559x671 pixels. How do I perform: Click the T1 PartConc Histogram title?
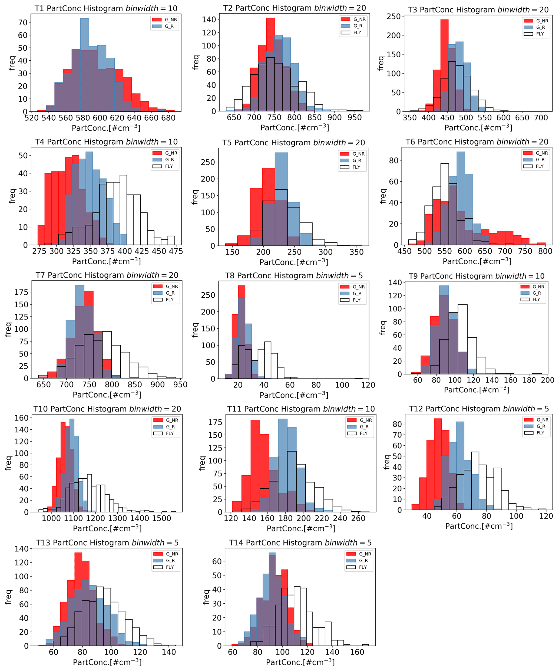(x=106, y=8)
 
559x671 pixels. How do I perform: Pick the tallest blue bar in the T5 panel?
(x=281, y=198)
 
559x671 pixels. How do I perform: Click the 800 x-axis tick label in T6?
(x=545, y=251)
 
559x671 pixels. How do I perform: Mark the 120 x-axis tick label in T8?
(x=368, y=385)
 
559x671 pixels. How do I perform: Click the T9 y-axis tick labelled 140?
(x=395, y=282)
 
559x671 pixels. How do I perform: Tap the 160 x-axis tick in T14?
(x=357, y=652)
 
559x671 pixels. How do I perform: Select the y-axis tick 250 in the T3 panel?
(x=393, y=16)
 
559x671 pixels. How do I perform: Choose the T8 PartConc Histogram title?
(x=293, y=275)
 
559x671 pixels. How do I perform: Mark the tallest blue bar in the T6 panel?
(x=461, y=198)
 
